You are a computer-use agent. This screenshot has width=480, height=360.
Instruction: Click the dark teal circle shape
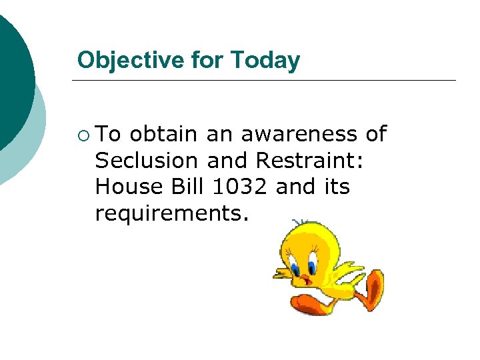[13, 73]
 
